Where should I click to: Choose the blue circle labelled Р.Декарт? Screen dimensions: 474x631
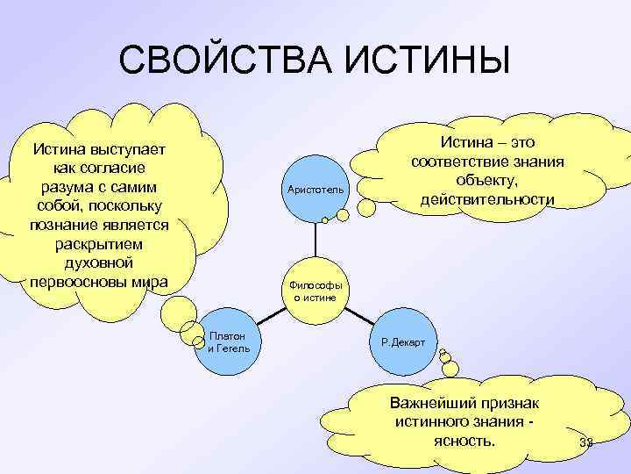coord(403,341)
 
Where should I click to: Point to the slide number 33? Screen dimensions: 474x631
coord(587,444)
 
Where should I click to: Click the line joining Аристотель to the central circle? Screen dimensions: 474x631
coord(315,241)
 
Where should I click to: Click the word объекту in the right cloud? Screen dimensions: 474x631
coord(486,181)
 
